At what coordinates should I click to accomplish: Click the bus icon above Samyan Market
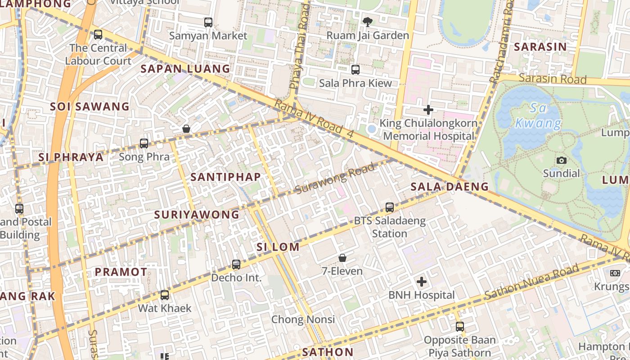point(208,22)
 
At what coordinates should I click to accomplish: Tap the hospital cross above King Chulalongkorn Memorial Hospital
point(428,109)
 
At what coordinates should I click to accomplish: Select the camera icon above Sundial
point(561,160)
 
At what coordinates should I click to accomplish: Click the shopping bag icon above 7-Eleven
point(342,258)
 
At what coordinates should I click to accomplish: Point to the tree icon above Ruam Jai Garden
point(368,22)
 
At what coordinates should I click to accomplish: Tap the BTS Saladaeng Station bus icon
point(390,207)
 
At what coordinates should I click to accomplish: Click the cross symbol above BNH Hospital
point(421,282)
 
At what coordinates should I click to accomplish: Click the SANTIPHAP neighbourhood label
point(225,177)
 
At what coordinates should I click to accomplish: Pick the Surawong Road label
point(335,179)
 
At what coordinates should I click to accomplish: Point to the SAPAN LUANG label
point(185,69)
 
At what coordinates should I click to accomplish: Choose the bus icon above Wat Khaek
point(165,295)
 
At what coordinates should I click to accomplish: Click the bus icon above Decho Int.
point(236,265)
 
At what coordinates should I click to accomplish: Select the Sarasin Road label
point(553,79)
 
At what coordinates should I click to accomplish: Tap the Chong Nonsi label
point(303,319)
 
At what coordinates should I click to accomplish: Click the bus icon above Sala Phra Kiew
point(355,69)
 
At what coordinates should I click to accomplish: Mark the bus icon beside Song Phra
point(144,144)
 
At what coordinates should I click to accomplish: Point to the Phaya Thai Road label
point(300,47)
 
